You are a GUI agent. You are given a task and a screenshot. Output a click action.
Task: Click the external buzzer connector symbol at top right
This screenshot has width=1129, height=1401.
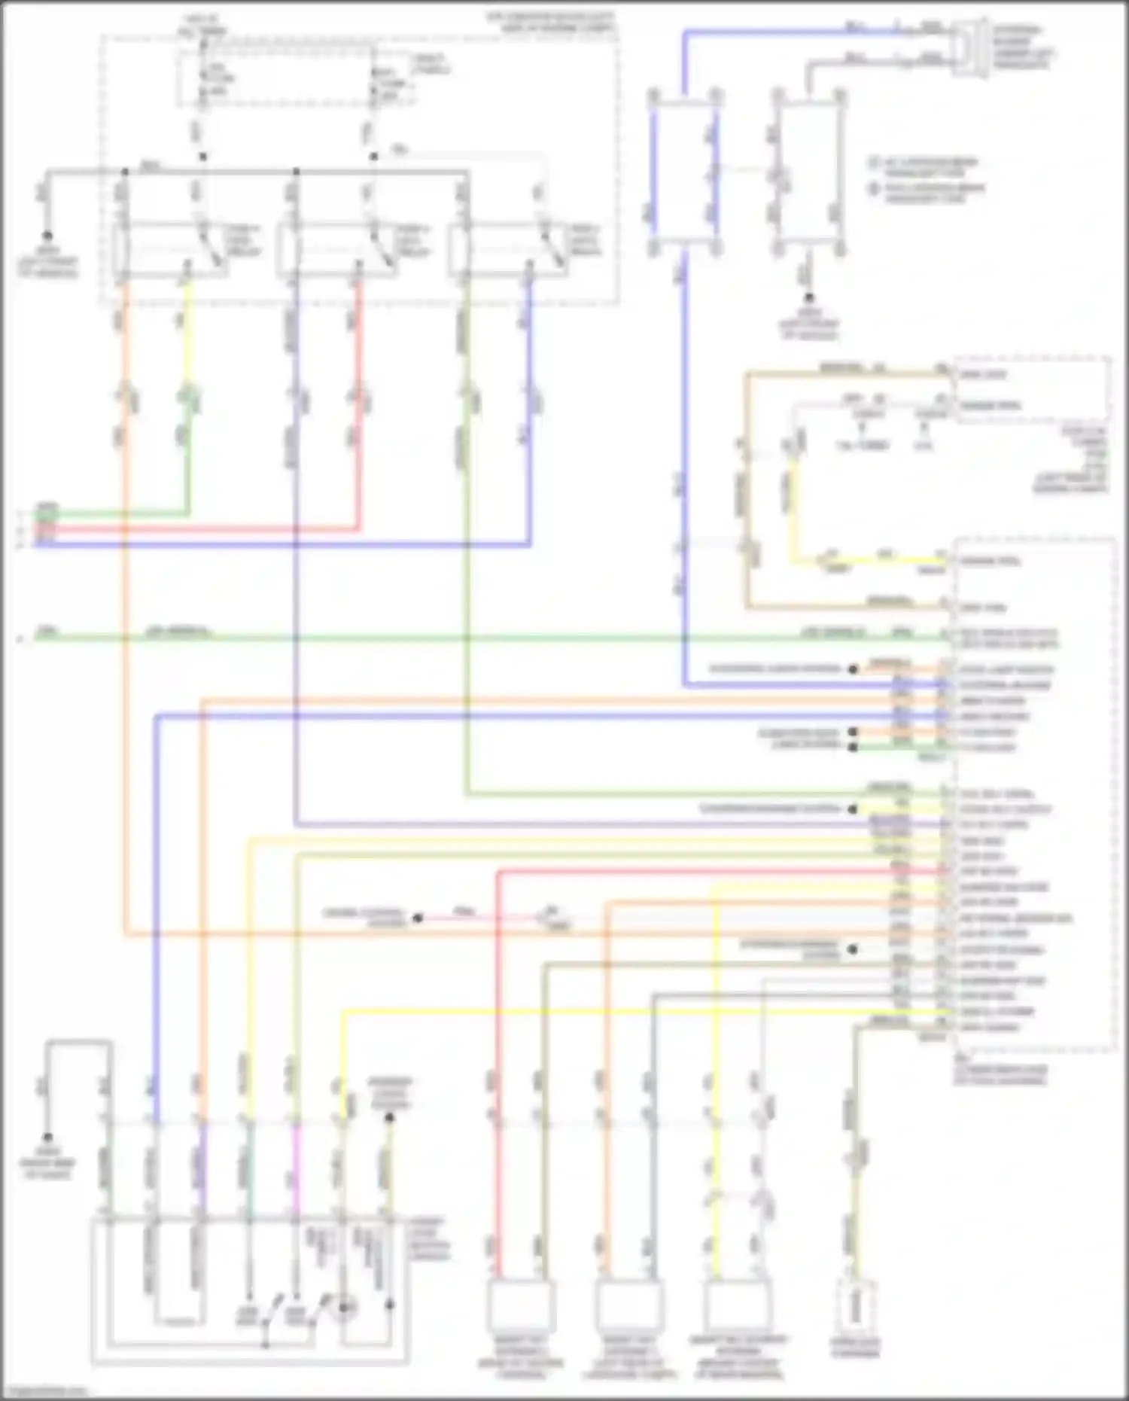pyautogui.click(x=970, y=47)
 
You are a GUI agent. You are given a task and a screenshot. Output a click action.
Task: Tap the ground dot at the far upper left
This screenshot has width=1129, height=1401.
pyautogui.click(x=47, y=236)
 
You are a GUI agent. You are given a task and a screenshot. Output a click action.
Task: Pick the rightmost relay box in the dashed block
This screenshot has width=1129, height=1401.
pyautogui.click(x=508, y=250)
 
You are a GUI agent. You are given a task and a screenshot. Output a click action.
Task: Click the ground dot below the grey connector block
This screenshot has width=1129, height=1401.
pyautogui.click(x=808, y=299)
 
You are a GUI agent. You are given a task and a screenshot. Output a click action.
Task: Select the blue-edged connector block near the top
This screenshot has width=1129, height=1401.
pyautogui.click(x=684, y=172)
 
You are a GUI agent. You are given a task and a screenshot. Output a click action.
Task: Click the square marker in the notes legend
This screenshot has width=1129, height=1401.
pyautogui.click(x=874, y=163)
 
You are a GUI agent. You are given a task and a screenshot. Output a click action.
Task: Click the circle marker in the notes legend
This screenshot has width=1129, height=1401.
pyautogui.click(x=874, y=189)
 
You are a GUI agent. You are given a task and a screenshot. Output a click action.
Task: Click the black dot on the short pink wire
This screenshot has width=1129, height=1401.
pyautogui.click(x=418, y=918)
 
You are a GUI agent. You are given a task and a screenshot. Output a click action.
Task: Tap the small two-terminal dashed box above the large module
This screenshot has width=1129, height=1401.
pyautogui.click(x=1031, y=389)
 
